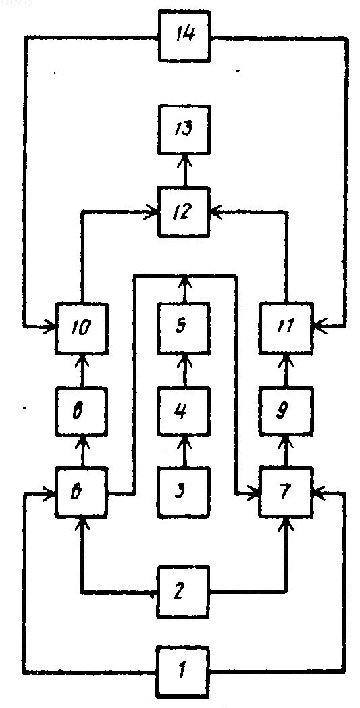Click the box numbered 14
click(185, 36)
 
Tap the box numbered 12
click(184, 211)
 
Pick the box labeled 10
click(82, 328)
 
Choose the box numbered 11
click(286, 328)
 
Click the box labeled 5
click(184, 328)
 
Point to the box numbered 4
click(184, 413)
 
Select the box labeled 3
click(184, 492)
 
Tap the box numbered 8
click(82, 413)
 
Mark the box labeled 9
click(286, 413)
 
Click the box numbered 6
click(82, 492)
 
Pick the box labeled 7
click(286, 492)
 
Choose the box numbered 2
click(184, 592)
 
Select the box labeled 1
click(184, 672)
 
